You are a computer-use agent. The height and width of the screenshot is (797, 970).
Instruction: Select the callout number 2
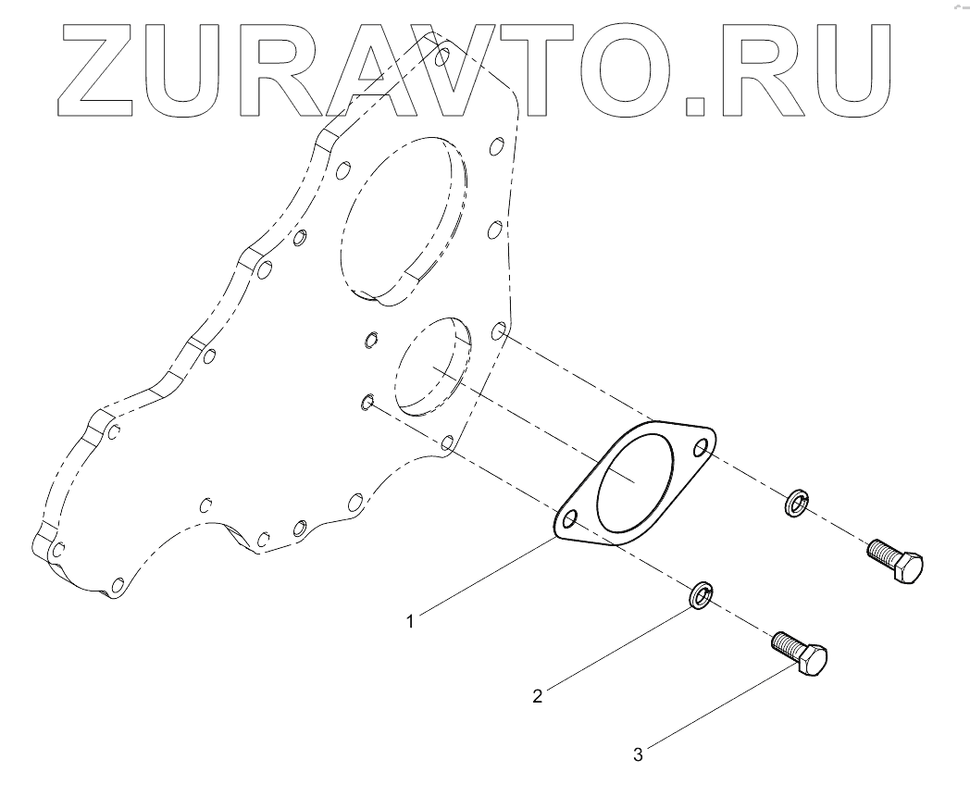coord(536,696)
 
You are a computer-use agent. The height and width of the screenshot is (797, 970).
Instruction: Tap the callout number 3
coord(638,754)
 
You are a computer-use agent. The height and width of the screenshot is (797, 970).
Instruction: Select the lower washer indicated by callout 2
coord(703,595)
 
